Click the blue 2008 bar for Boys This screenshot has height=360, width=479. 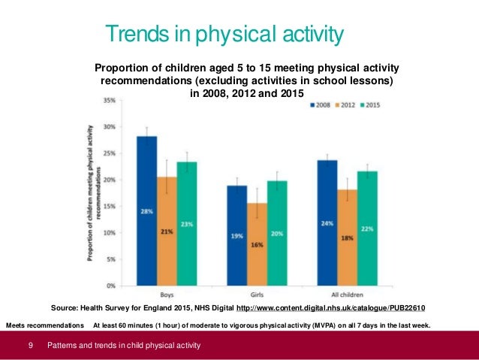146,211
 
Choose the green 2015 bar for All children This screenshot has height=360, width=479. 367,228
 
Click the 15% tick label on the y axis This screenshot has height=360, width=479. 109,207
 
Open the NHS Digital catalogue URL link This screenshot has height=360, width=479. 331,308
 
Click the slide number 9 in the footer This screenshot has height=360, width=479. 30,346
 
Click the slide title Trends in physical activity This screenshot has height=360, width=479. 224,34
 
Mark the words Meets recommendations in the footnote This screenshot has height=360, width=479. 45,325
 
